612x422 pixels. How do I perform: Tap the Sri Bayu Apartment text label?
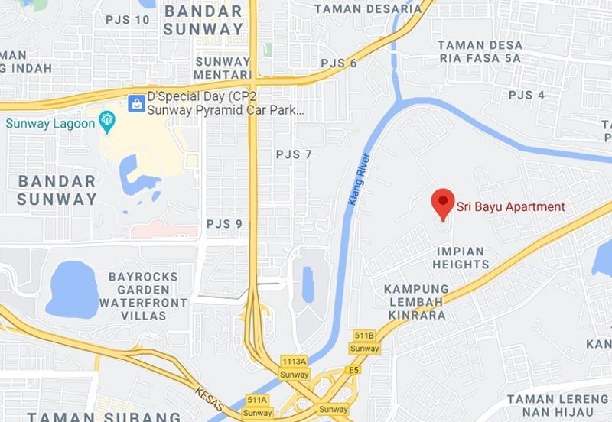click(x=511, y=206)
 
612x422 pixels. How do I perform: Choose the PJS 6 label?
click(x=339, y=63)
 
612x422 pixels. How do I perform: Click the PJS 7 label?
click(x=295, y=154)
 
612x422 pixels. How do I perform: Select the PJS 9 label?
click(x=224, y=224)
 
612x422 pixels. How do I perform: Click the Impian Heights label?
click(x=461, y=258)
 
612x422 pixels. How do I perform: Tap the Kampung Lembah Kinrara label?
click(x=416, y=302)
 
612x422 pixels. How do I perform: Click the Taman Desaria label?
click(x=368, y=8)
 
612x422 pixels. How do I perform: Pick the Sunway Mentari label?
click(x=223, y=68)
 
